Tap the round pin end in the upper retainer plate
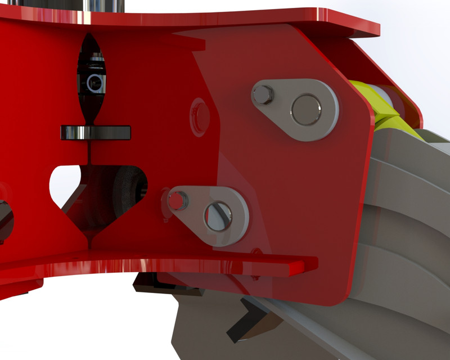coord(307,110)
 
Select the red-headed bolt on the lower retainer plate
coord(178,200)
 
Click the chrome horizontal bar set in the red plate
coord(96,133)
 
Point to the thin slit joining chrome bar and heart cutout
coord(90,152)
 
